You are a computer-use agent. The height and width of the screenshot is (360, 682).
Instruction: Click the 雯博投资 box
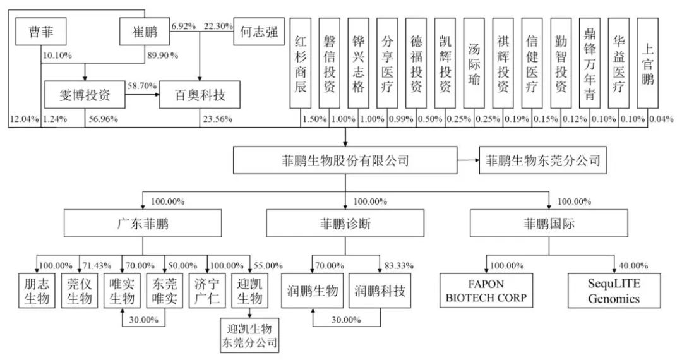(x=85, y=96)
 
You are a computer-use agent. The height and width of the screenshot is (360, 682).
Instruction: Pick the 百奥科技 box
(x=199, y=96)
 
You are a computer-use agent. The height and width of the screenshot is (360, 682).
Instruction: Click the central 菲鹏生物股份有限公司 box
(x=345, y=161)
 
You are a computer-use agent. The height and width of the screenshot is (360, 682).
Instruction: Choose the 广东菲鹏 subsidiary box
(x=143, y=224)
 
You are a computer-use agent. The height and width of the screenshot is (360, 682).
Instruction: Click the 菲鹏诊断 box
(x=345, y=224)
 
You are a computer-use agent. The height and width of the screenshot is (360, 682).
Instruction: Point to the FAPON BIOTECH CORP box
(x=485, y=290)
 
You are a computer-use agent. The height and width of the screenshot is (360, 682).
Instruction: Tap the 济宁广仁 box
(x=206, y=290)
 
